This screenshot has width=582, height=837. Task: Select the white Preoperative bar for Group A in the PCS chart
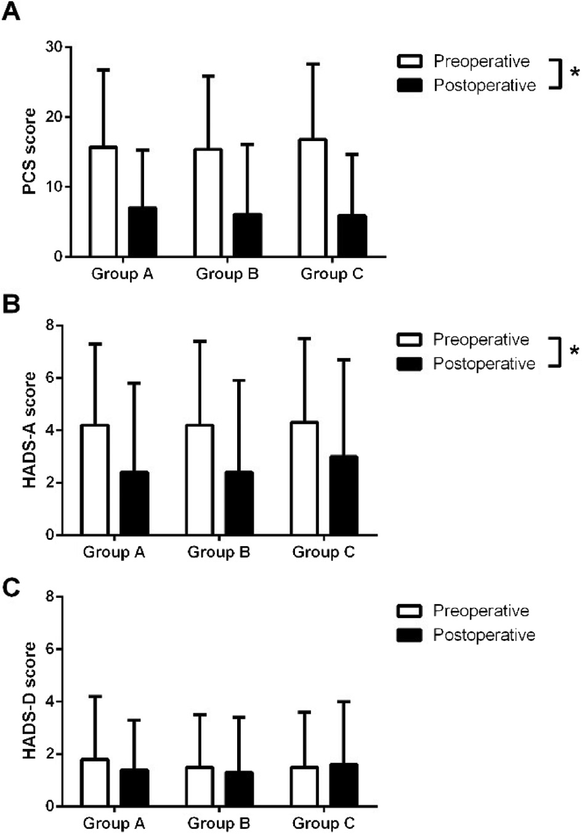(x=103, y=202)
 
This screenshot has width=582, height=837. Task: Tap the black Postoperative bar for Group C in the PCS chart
(x=352, y=235)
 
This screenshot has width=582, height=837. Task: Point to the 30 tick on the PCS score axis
(x=54, y=47)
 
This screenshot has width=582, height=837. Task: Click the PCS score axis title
(x=30, y=152)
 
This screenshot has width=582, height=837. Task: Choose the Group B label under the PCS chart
(x=227, y=274)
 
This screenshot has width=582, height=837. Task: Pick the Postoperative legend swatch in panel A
(x=410, y=85)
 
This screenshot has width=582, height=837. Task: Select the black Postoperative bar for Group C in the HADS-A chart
(x=344, y=496)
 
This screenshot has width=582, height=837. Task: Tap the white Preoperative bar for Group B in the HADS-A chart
(x=200, y=480)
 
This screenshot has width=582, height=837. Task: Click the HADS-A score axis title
(x=30, y=430)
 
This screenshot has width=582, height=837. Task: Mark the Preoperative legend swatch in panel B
(x=410, y=340)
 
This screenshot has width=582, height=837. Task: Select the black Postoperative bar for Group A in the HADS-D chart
(x=134, y=788)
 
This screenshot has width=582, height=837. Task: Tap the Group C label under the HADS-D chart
(x=323, y=823)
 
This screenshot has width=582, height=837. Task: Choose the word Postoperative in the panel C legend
(x=484, y=635)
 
